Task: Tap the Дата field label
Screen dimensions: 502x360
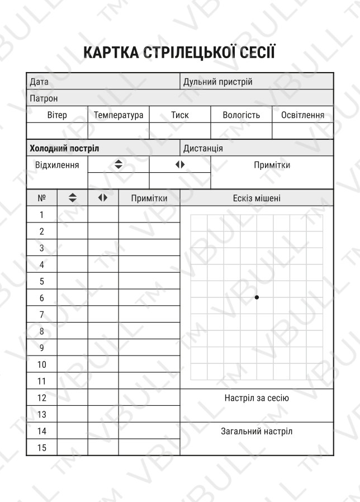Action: click(x=39, y=82)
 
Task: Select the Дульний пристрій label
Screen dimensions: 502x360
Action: click(x=218, y=82)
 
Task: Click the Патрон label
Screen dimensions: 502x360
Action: click(x=44, y=98)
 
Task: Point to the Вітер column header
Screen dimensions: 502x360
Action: click(x=57, y=115)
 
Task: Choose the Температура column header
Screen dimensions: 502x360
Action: click(x=119, y=115)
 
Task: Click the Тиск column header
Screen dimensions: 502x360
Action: click(x=180, y=115)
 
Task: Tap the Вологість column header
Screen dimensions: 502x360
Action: click(x=241, y=115)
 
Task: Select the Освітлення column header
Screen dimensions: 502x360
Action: click(x=302, y=115)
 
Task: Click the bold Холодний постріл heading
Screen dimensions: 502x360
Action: click(x=64, y=149)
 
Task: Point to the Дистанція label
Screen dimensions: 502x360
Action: click(x=203, y=149)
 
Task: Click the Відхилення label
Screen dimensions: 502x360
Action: click(x=57, y=165)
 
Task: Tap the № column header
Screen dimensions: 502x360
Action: click(x=41, y=198)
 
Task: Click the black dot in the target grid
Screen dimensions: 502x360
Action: click(x=257, y=297)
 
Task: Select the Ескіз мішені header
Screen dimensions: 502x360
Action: click(x=257, y=198)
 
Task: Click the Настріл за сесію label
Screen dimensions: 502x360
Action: click(x=257, y=399)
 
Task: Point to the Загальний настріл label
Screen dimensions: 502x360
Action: click(x=257, y=432)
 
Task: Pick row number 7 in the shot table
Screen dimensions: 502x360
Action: click(x=41, y=315)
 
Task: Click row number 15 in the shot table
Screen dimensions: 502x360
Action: click(x=41, y=448)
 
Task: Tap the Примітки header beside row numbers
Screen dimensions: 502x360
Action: click(x=149, y=198)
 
